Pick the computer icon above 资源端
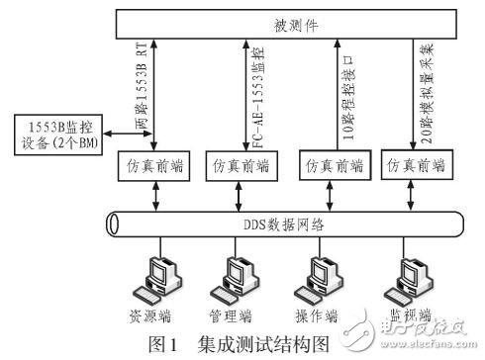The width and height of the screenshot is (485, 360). [x=160, y=276]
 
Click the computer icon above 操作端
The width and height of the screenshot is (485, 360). [x=315, y=276]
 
